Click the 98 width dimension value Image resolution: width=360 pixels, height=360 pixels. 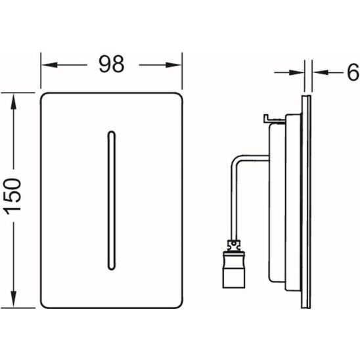(112, 64)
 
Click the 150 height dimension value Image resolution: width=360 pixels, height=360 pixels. (13, 196)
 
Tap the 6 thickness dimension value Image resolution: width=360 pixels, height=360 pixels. (353, 72)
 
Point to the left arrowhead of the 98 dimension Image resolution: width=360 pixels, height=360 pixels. (49, 65)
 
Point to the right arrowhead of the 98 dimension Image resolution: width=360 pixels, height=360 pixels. (173, 65)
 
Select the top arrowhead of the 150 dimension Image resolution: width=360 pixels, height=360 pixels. (14, 101)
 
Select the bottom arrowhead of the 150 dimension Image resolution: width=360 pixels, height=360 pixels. (14, 299)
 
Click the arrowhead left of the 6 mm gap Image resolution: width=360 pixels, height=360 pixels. (297, 73)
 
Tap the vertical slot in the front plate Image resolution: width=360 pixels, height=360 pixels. (112, 200)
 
